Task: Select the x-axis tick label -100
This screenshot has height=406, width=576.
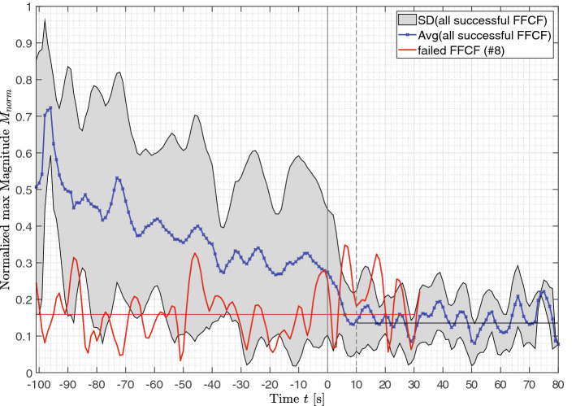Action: [37, 383]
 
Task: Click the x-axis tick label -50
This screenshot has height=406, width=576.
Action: [182, 383]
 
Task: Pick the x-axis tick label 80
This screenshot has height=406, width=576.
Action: [558, 383]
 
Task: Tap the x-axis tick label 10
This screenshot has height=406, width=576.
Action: [356, 383]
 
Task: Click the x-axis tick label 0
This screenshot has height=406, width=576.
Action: [327, 383]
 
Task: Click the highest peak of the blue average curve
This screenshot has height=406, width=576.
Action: [50, 107]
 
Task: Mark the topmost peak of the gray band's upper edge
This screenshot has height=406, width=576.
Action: [45, 20]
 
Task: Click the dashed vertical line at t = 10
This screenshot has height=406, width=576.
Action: [356, 163]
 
